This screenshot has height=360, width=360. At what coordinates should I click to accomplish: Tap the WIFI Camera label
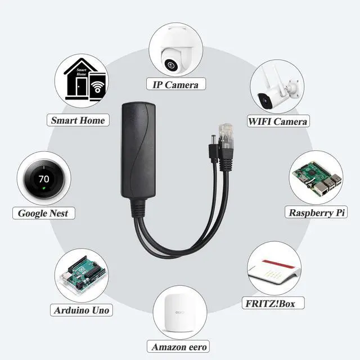tap(278, 121)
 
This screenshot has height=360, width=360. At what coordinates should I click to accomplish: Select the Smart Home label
tap(78, 120)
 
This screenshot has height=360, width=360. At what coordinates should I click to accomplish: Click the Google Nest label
tap(43, 213)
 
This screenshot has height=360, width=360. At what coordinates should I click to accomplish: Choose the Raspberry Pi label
tap(317, 213)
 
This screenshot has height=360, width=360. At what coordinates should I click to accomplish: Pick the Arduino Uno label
tap(82, 310)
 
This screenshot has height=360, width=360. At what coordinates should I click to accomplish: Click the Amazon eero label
tap(177, 346)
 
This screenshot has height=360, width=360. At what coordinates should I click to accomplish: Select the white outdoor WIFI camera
tap(275, 93)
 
